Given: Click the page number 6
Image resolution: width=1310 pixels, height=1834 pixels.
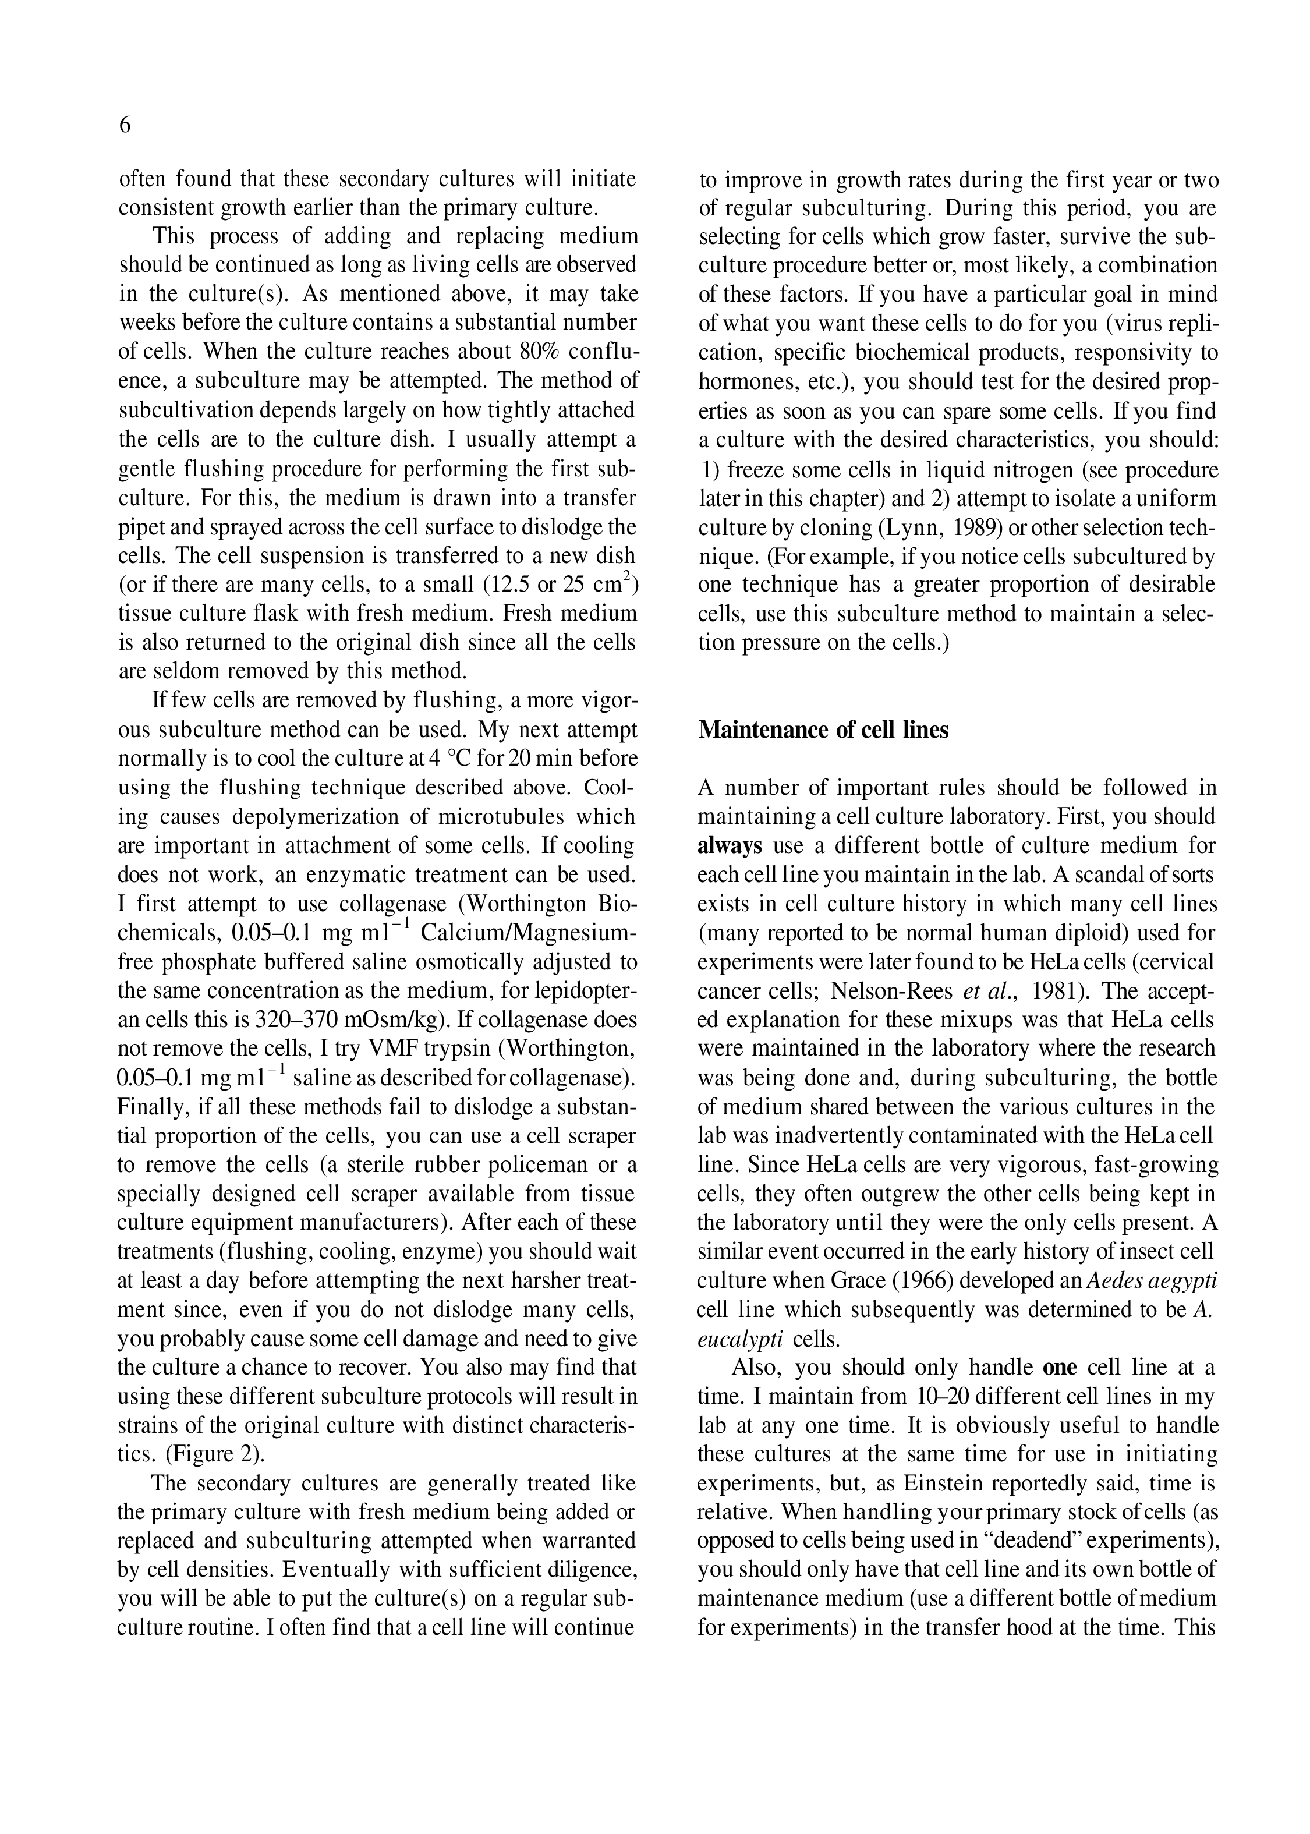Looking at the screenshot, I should tap(125, 126).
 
